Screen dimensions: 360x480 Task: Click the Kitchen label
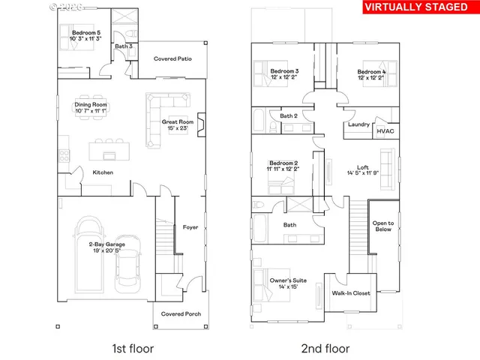click(103, 172)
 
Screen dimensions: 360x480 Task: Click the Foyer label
click(190, 227)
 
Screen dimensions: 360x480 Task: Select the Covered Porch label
click(178, 314)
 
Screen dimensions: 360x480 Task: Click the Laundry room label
click(359, 124)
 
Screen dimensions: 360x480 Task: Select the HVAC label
click(385, 130)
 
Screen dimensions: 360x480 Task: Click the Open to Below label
click(383, 226)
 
